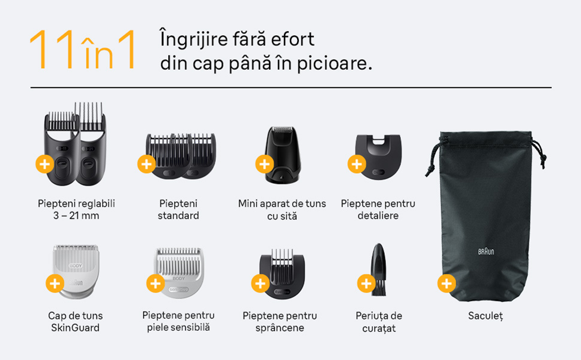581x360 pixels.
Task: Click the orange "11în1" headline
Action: [82, 50]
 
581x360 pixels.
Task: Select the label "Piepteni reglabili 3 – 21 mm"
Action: [76, 210]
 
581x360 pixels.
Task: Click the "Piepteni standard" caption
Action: [178, 210]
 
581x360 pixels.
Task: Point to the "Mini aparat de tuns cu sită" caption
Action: [282, 210]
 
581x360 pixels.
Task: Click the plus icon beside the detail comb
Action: [357, 164]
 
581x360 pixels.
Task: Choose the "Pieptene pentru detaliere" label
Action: [378, 210]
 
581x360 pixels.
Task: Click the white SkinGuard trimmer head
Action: [76, 272]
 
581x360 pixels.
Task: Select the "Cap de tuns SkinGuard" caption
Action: [75, 321]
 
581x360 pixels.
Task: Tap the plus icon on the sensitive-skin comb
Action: [155, 284]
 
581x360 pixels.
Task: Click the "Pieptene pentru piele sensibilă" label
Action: [178, 321]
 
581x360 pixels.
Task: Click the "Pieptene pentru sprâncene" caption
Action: [280, 321]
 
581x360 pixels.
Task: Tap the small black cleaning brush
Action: [378, 269]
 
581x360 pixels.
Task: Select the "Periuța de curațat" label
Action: [379, 322]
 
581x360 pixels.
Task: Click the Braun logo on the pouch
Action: [486, 252]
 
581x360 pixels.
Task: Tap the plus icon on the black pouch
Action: [447, 284]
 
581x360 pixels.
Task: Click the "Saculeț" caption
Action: [486, 316]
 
